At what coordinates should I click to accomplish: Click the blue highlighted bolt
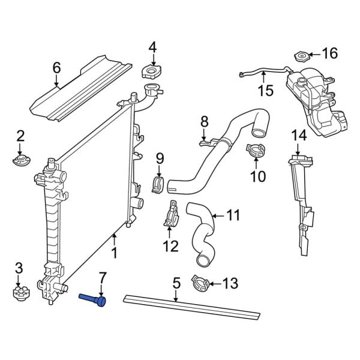click(x=94, y=298)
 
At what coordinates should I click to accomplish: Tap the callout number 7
click(x=103, y=277)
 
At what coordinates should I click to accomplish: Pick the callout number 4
click(x=152, y=46)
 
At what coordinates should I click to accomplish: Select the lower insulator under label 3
click(x=20, y=293)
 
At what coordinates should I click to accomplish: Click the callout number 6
click(x=56, y=67)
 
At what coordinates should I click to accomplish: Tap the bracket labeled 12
click(x=170, y=214)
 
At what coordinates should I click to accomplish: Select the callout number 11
click(x=233, y=214)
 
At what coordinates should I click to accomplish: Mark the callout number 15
click(x=265, y=91)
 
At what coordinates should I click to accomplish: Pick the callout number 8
click(x=204, y=121)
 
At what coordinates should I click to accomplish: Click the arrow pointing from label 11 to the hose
click(x=216, y=214)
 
